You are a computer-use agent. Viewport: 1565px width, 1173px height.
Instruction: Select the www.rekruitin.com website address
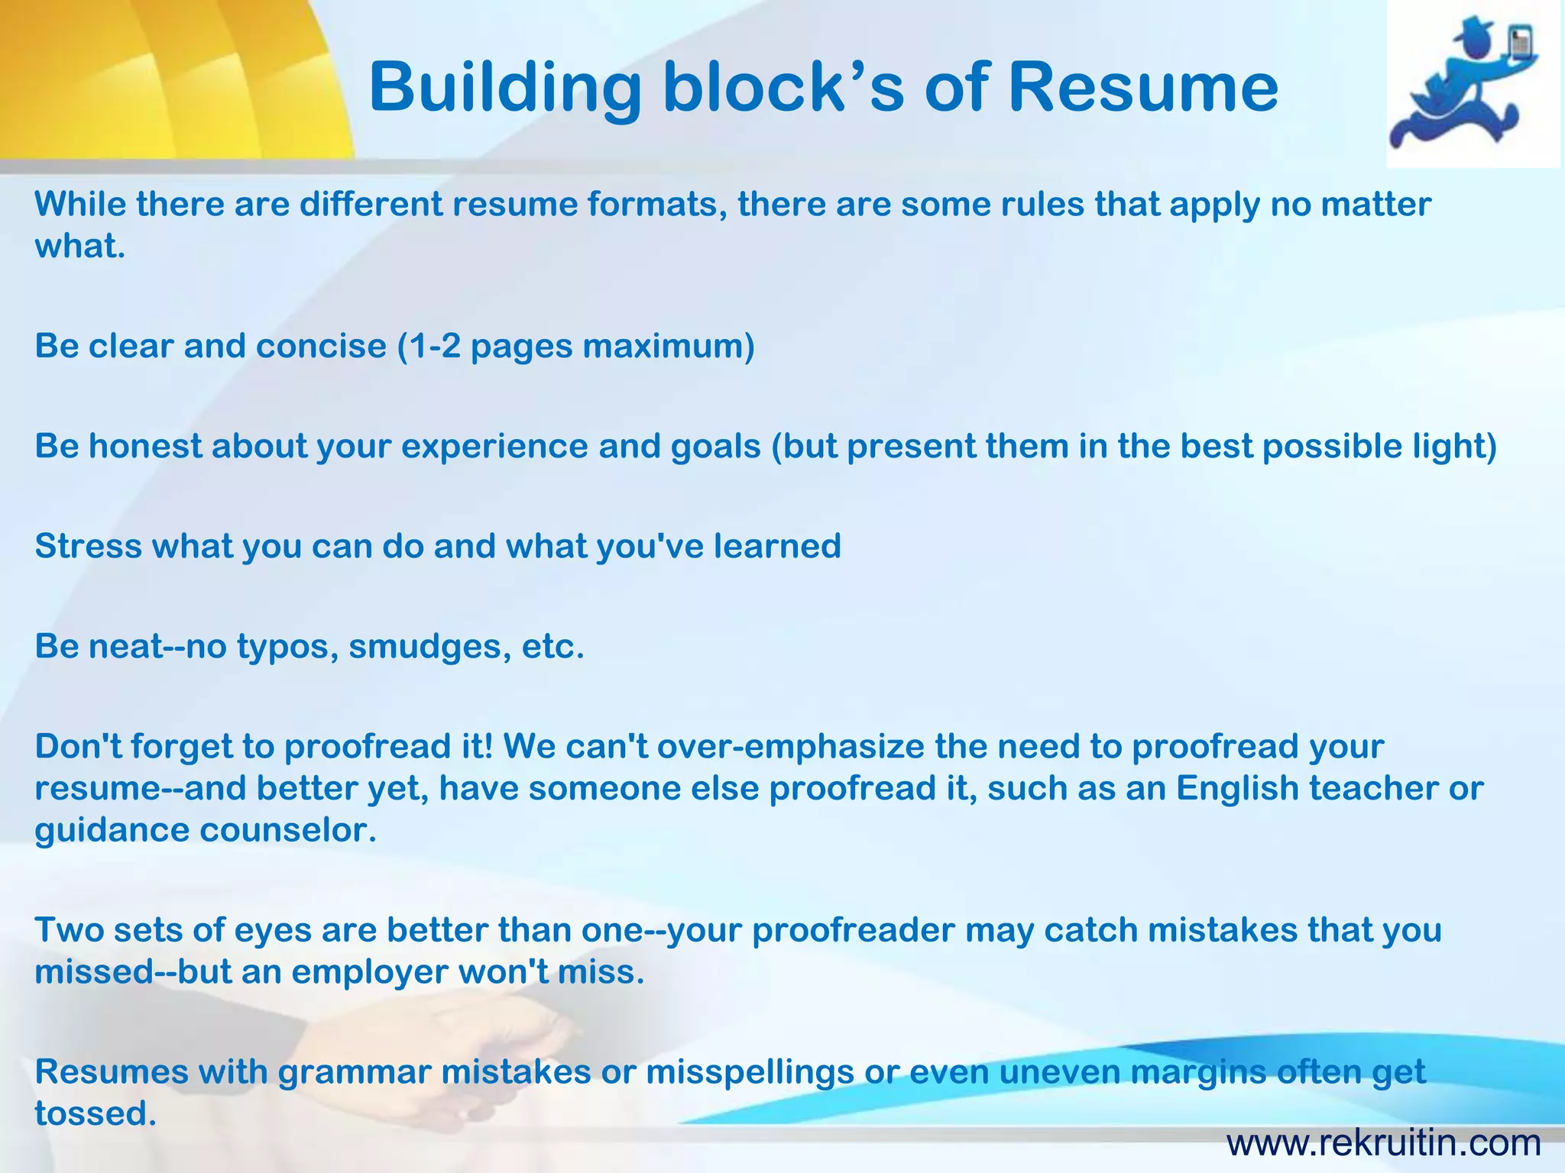coord(1383,1143)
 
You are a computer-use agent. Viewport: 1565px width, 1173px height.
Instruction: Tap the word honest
coord(145,446)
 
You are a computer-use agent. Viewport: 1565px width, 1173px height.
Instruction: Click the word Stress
coord(88,546)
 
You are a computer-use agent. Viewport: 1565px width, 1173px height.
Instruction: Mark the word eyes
coord(272,930)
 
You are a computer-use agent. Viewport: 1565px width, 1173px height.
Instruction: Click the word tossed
coord(96,1113)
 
